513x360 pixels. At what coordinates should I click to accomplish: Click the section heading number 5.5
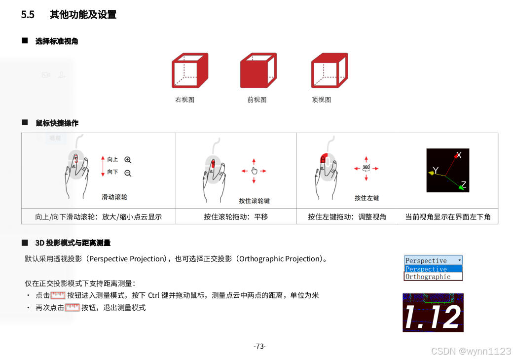pyautogui.click(x=28, y=15)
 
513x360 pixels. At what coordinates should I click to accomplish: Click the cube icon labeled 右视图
pyautogui.click(x=190, y=71)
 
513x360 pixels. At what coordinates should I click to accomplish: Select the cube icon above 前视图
pyautogui.click(x=258, y=71)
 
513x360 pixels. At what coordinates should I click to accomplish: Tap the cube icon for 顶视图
pyautogui.click(x=330, y=71)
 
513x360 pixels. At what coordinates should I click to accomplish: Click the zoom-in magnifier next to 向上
pyautogui.click(x=128, y=160)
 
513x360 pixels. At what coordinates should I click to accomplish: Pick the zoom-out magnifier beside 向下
pyautogui.click(x=128, y=173)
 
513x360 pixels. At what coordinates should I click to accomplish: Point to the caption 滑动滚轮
pyautogui.click(x=114, y=197)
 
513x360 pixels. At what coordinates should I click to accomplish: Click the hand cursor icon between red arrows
pyautogui.click(x=254, y=171)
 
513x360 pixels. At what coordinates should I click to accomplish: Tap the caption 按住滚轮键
pyautogui.click(x=254, y=201)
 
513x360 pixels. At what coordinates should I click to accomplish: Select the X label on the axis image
pyautogui.click(x=459, y=155)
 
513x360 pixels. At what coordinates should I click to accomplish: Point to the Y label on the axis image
pyautogui.click(x=436, y=170)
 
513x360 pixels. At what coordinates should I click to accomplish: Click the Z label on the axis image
pyautogui.click(x=463, y=184)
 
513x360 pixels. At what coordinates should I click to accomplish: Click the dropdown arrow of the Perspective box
pyautogui.click(x=459, y=260)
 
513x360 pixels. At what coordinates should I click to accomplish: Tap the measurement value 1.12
pyautogui.click(x=433, y=317)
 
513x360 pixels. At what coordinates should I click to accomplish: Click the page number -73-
pyautogui.click(x=259, y=346)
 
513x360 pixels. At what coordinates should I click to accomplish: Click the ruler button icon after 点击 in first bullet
pyautogui.click(x=58, y=295)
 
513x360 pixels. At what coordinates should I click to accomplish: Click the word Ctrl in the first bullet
pyautogui.click(x=153, y=295)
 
